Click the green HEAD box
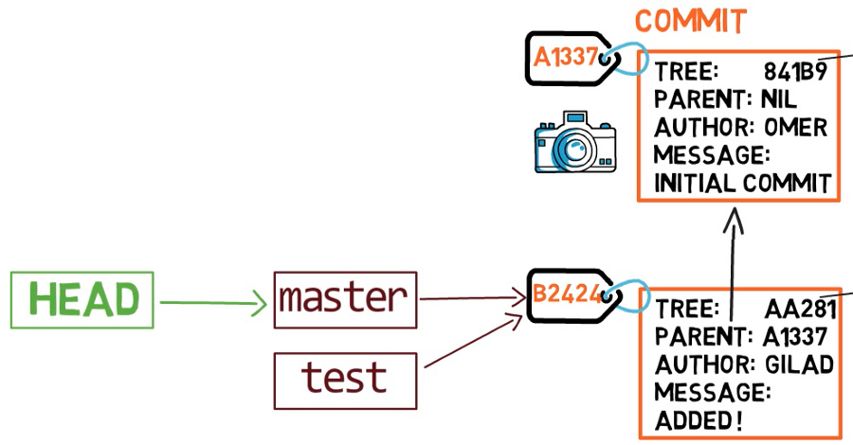click(x=82, y=300)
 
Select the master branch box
click(x=345, y=300)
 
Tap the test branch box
click(x=345, y=381)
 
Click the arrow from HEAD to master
click(x=212, y=303)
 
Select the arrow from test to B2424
click(x=473, y=341)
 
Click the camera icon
click(x=575, y=142)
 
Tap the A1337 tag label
click(x=566, y=57)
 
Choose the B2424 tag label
click(x=567, y=294)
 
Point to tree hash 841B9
click(x=795, y=72)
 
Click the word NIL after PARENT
click(x=779, y=100)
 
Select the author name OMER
click(x=796, y=128)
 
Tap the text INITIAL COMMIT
click(x=742, y=183)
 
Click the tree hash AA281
click(x=800, y=310)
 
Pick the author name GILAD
click(x=800, y=365)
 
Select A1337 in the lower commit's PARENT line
click(x=795, y=337)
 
